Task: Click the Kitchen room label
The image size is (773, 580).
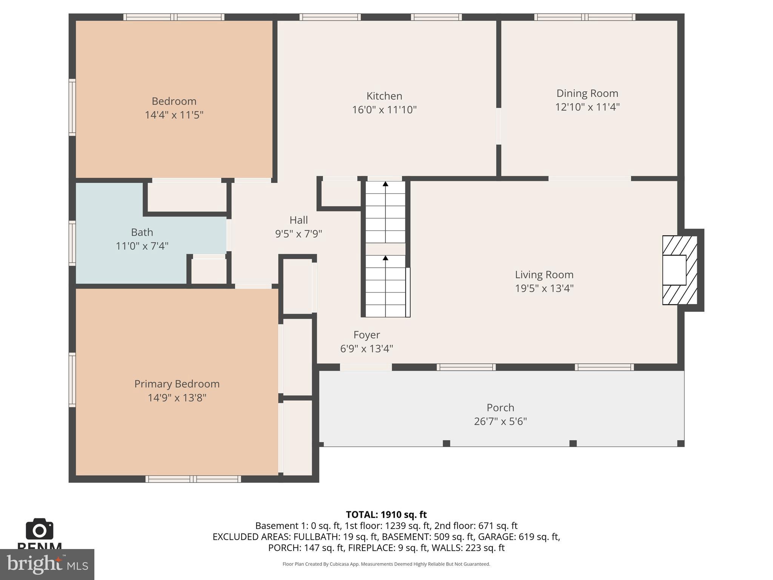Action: [384, 96]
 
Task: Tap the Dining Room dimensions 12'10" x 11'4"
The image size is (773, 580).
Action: [587, 107]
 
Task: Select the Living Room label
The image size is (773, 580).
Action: [544, 275]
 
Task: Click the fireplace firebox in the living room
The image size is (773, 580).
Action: [674, 270]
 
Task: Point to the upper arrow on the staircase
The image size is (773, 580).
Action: [385, 184]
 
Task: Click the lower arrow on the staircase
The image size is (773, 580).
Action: [385, 258]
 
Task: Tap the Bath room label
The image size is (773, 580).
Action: [142, 232]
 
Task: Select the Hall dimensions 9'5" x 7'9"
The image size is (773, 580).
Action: [299, 234]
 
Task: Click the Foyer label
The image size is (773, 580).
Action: [366, 335]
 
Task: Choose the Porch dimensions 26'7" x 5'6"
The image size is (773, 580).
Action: [500, 421]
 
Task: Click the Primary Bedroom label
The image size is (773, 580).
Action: [177, 384]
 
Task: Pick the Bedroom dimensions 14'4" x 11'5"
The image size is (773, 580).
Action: [174, 115]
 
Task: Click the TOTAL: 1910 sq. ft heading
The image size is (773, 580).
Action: [386, 515]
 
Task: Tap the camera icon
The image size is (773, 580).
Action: [40, 529]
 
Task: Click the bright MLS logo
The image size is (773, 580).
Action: [47, 565]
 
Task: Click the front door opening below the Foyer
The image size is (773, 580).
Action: [366, 367]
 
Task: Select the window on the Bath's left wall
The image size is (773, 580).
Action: [72, 243]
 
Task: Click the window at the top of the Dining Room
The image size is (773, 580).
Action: [584, 17]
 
